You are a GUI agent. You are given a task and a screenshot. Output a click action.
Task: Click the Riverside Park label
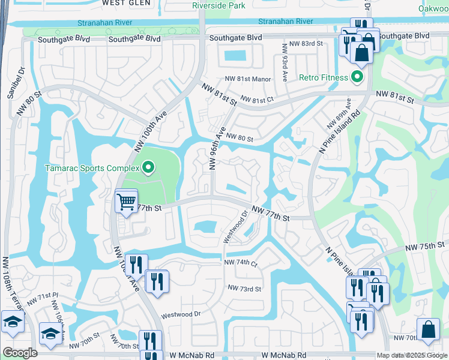coord(219,5)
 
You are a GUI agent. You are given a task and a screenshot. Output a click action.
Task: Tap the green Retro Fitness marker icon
coord(357,77)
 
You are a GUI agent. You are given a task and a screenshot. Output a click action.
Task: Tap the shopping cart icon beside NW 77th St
coord(126,202)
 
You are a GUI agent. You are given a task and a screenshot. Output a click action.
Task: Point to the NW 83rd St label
coord(306,44)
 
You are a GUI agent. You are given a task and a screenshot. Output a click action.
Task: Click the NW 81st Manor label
coord(248,79)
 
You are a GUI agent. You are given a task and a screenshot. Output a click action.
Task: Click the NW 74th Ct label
coord(241,263)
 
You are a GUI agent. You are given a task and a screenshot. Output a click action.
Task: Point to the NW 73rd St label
coord(244,289)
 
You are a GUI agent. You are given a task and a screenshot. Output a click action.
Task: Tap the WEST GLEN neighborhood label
coord(126,3)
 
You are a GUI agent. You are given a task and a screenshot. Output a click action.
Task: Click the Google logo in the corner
coord(20,353)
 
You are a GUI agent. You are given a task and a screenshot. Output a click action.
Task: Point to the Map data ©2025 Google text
coord(412,355)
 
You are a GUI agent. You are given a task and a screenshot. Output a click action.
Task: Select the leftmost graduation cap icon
coord(13,322)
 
